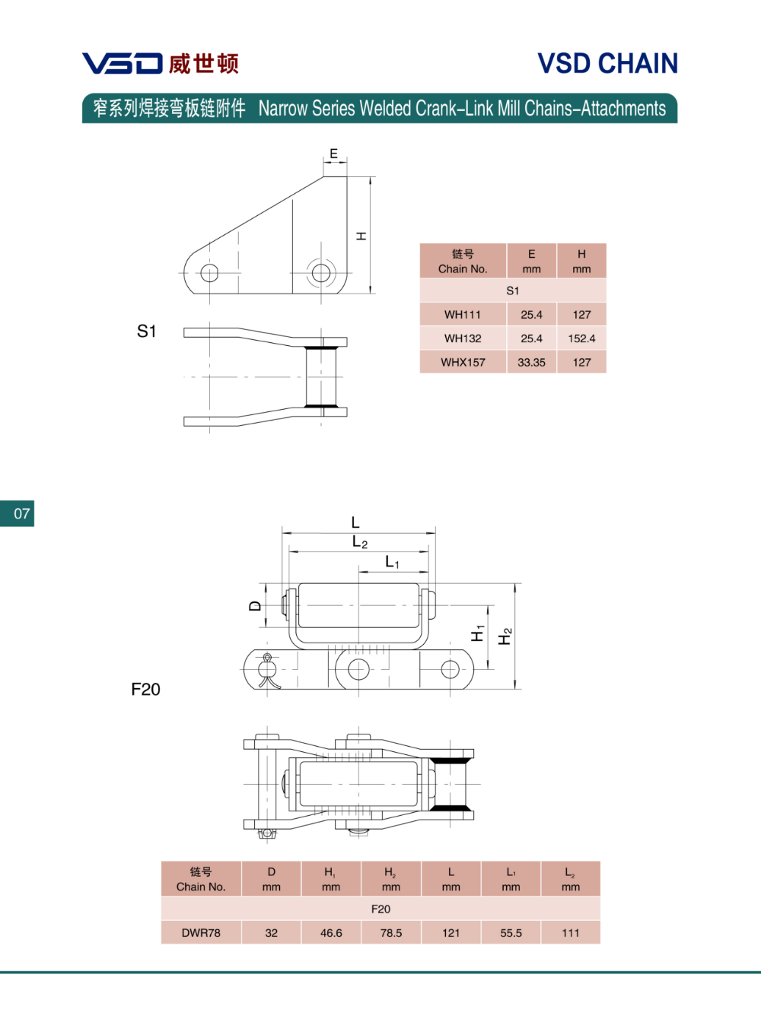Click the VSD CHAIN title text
point(607,63)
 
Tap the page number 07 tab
point(17,513)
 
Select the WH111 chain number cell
point(463,315)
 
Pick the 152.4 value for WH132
point(581,338)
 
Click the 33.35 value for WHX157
point(531,362)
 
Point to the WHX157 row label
point(463,362)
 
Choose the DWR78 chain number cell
point(201,932)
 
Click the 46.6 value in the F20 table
point(331,932)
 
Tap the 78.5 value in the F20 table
point(391,932)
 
